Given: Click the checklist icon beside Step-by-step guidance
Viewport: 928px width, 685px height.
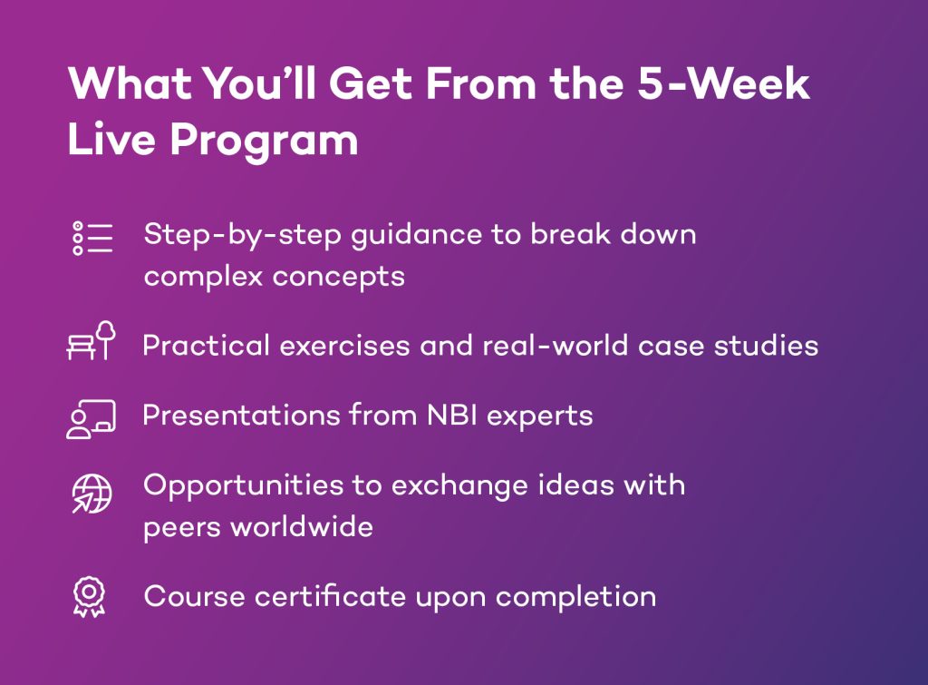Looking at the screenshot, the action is click(x=92, y=239).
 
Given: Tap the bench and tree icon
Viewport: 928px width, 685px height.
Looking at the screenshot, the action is click(x=92, y=341).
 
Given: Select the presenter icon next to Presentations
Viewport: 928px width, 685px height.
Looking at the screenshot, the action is click(x=92, y=419).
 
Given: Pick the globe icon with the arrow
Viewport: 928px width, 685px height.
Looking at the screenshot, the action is click(x=92, y=494).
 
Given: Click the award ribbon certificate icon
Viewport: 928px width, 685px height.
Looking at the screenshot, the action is click(x=90, y=597).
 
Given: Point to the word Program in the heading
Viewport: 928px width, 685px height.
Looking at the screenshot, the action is click(x=264, y=141).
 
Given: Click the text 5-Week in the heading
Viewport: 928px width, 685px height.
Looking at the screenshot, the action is click(x=723, y=83).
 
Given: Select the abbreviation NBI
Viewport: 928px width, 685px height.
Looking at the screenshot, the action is click(x=452, y=416).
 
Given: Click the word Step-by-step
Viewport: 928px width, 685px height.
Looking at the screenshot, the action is click(x=243, y=235).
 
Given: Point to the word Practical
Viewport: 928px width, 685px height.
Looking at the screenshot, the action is click(x=206, y=346).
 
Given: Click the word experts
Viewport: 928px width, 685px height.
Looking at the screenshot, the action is click(x=540, y=416).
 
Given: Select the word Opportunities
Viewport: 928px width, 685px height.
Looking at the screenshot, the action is click(x=243, y=486).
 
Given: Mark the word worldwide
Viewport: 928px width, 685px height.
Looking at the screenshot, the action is click(x=302, y=527).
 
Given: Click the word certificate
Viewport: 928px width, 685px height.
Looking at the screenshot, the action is click(x=330, y=596).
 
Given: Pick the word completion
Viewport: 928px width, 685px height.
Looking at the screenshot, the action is click(x=575, y=597).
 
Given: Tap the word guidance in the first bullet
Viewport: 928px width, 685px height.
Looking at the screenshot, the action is click(x=417, y=236).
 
